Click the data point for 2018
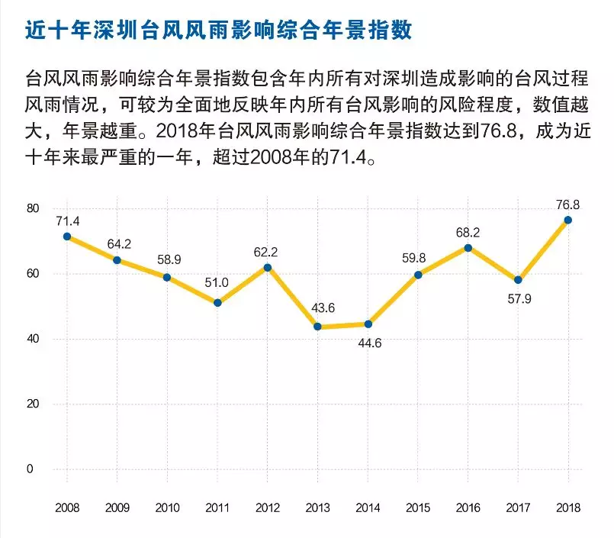tap(567, 220)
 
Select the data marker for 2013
tap(317, 327)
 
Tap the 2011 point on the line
tap(217, 303)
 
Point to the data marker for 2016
tap(468, 247)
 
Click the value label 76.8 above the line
tap(567, 205)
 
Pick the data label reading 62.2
tap(268, 252)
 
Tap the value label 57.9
tap(518, 298)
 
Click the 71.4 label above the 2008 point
tap(67, 221)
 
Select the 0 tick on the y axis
tap(31, 469)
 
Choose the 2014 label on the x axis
tap(368, 507)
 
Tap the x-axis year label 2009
tap(117, 507)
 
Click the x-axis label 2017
tap(518, 507)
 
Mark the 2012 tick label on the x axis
tap(268, 507)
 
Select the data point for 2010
tap(167, 277)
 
